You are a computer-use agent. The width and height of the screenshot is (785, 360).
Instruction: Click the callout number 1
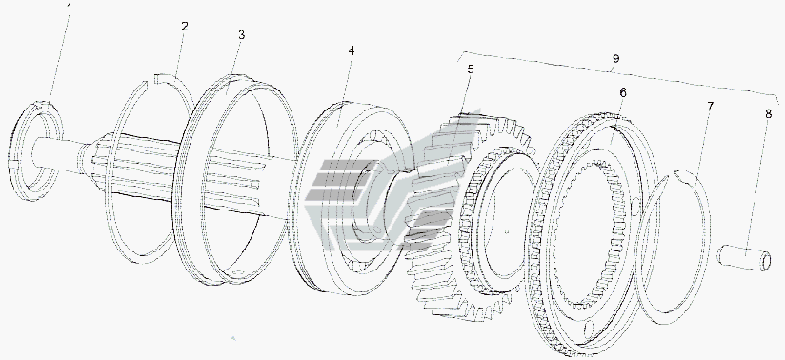70,8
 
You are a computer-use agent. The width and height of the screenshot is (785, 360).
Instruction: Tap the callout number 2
185,27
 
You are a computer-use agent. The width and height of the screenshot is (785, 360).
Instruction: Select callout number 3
241,35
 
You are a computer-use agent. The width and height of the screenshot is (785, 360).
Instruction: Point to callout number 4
352,51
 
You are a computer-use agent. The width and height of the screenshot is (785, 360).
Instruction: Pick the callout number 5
471,70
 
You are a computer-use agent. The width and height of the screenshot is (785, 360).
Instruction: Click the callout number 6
622,92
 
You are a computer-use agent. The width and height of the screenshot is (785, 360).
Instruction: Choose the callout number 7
711,106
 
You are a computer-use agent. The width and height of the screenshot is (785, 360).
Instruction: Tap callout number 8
768,113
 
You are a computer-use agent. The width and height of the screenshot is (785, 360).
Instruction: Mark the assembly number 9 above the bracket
615,59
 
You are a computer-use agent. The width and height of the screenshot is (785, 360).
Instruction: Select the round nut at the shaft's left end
36,150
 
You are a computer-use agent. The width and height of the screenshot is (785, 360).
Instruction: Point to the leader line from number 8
759,184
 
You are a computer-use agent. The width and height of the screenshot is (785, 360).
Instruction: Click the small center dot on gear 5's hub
507,231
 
